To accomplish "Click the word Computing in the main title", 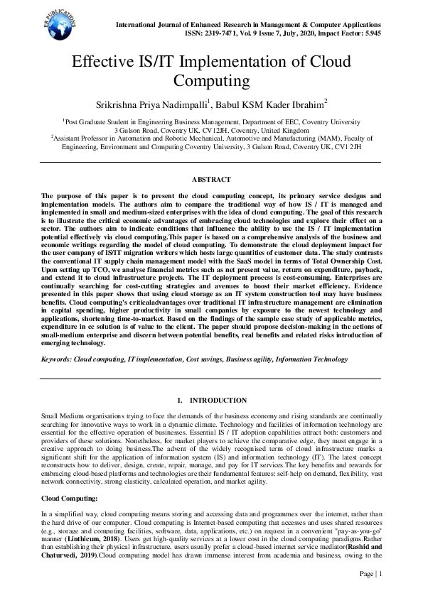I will (211, 80).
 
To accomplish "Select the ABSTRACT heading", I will (211, 180).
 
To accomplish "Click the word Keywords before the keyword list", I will (56, 361).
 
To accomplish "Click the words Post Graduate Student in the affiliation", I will (96, 122).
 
